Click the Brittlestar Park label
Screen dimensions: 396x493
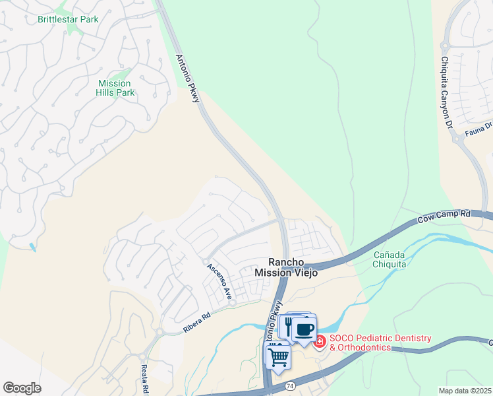point(68,19)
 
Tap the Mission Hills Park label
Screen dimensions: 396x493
point(114,88)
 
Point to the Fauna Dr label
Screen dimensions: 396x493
point(479,128)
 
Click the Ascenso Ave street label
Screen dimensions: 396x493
point(219,282)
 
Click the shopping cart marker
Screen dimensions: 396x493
point(278,356)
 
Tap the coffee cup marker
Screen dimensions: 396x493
point(304,329)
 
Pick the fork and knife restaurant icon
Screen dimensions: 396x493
point(287,326)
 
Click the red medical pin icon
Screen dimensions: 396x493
point(320,342)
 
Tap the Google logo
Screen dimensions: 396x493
point(22,388)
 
